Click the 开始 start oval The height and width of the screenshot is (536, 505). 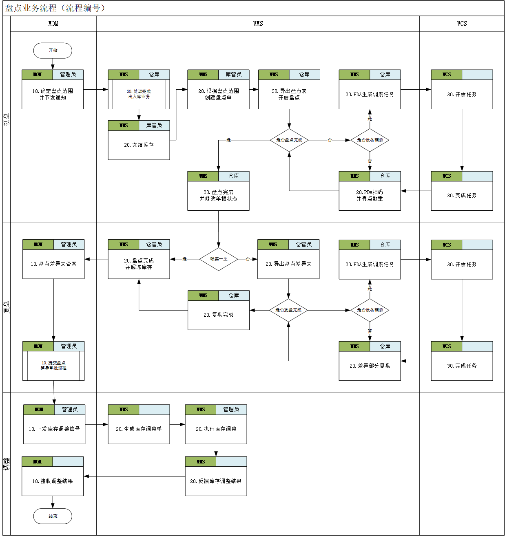(53, 51)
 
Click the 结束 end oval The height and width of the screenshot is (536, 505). (53, 516)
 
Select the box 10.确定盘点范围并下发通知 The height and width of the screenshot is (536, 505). (53, 94)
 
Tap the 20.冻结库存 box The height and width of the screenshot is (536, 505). (139, 145)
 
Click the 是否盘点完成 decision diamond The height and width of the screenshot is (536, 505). (289, 140)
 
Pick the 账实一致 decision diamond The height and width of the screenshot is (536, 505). (219, 259)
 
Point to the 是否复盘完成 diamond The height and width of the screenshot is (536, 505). (288, 310)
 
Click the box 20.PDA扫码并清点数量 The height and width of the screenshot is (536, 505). (370, 195)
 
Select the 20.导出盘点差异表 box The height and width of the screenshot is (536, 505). (288, 264)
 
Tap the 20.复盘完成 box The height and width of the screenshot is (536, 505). (219, 315)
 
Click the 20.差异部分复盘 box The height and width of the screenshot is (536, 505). (370, 366)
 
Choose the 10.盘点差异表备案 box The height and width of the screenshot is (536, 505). (53, 264)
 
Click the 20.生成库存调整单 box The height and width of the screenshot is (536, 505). (139, 429)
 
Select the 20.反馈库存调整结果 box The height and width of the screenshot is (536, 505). (216, 481)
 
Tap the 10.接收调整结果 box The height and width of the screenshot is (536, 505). (53, 481)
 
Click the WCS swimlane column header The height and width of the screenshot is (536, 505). (462, 24)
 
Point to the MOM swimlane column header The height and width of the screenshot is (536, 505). (53, 24)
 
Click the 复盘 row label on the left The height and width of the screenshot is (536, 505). (7, 307)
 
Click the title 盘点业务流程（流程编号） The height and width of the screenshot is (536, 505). (55, 8)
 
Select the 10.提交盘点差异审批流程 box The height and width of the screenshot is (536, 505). (53, 365)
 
